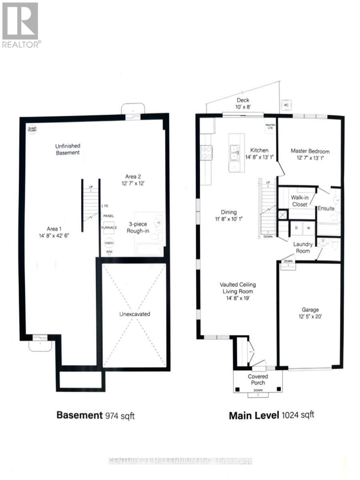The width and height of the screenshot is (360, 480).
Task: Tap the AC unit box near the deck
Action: pos(286,104)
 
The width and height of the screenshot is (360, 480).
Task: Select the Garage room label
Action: pos(310,310)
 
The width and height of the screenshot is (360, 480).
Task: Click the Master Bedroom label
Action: pos(310,151)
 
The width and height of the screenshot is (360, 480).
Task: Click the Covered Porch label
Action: pos(258,380)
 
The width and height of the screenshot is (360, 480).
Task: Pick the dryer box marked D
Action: pos(297,227)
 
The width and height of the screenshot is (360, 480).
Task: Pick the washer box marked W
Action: pos(308,227)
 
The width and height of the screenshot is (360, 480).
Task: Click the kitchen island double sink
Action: pos(234,151)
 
